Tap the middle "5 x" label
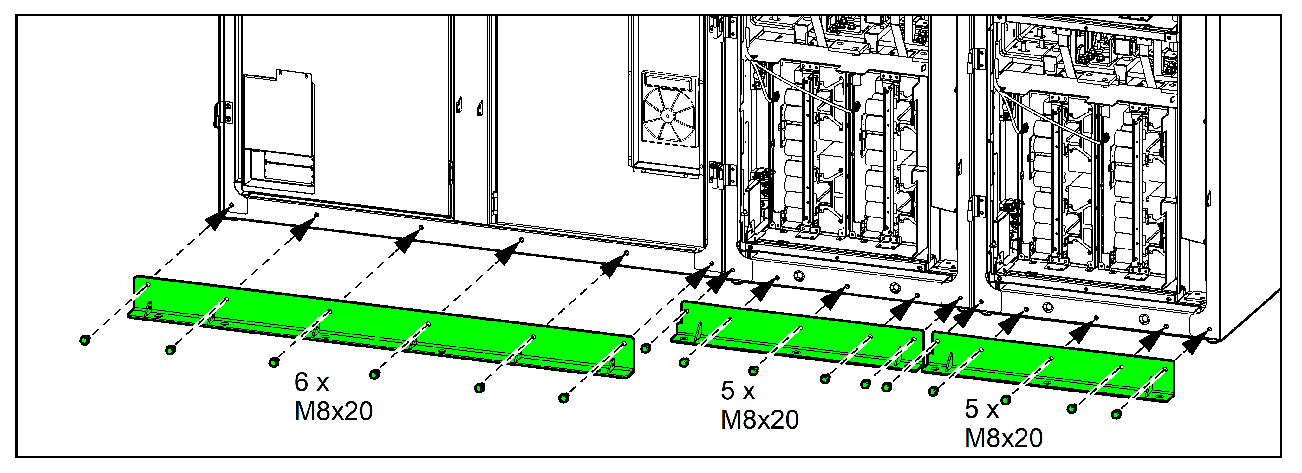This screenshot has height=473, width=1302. pos(738,390)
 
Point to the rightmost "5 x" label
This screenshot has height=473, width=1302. pos(981,409)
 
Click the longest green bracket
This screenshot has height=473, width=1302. pos(379,323)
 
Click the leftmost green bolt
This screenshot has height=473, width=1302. pos(85,340)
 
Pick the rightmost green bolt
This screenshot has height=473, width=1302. pos(1116,414)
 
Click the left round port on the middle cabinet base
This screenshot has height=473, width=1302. pos(798,275)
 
